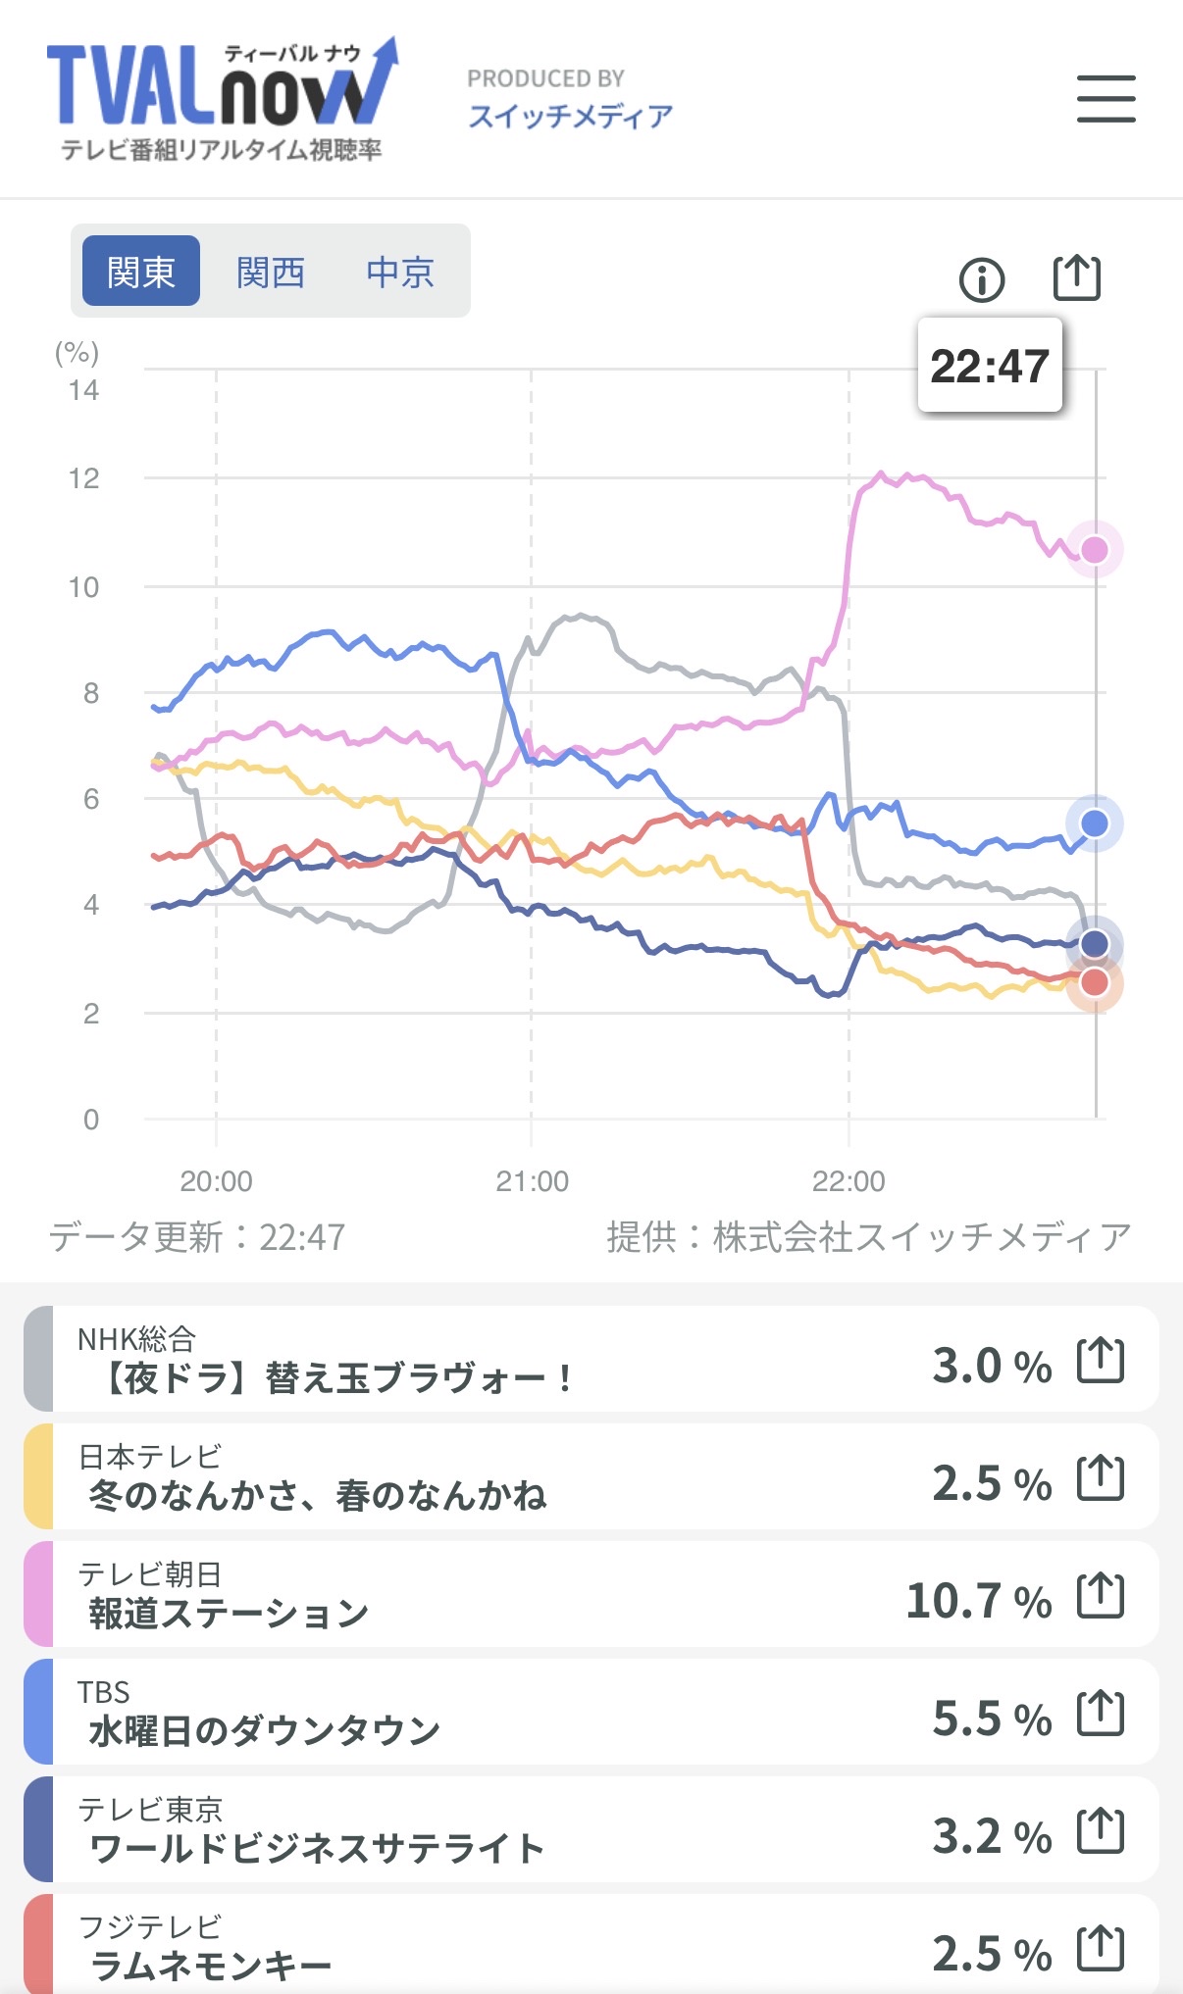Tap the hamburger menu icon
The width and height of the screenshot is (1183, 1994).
(x=1106, y=99)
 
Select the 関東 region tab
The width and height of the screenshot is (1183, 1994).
(x=141, y=272)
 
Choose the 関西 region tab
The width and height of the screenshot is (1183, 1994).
(x=271, y=272)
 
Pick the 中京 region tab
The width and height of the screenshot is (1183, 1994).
(x=400, y=272)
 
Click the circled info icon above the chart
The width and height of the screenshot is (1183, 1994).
(x=981, y=280)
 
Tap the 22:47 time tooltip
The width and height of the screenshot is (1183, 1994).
(x=989, y=366)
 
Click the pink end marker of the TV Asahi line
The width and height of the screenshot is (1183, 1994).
(x=1095, y=550)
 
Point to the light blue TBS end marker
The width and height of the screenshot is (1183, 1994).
(x=1095, y=823)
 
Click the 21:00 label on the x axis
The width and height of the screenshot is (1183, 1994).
(x=532, y=1181)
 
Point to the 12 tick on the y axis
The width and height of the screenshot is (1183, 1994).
(x=84, y=479)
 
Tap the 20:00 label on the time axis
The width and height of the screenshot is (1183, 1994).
(x=216, y=1181)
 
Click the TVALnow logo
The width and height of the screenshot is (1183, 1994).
(x=222, y=98)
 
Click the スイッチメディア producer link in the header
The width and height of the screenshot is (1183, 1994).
(x=570, y=117)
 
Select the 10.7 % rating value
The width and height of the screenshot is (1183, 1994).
(x=978, y=1601)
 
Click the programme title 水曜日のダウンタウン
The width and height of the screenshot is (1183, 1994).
(x=265, y=1731)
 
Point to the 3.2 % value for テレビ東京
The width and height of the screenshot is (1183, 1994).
(x=991, y=1836)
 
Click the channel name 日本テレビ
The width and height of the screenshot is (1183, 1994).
(x=150, y=1457)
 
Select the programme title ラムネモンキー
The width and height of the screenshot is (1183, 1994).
(x=211, y=1966)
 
